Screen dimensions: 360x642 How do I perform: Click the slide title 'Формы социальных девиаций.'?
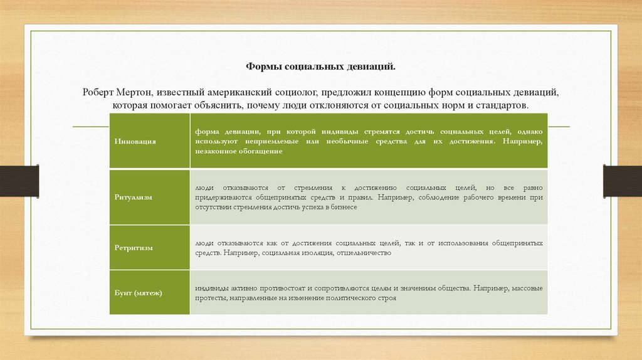point(320,65)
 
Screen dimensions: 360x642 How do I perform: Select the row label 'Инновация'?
point(135,142)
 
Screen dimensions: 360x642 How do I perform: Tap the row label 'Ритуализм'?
point(134,197)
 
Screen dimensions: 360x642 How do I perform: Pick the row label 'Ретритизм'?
point(134,248)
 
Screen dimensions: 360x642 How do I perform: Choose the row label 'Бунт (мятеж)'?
point(139,293)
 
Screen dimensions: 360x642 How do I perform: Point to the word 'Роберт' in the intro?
point(98,92)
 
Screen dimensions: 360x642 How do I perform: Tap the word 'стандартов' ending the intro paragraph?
point(504,105)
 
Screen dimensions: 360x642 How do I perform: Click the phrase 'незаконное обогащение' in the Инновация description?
point(238,152)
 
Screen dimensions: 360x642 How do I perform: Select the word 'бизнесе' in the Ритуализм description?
point(342,207)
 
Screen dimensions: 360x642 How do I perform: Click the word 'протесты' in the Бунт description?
point(209,299)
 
